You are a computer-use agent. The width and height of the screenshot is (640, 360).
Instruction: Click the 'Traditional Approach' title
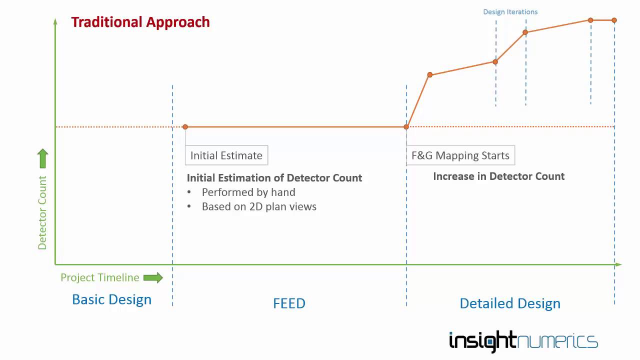pyautogui.click(x=140, y=22)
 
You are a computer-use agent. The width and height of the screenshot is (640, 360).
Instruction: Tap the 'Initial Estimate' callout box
pyautogui.click(x=226, y=155)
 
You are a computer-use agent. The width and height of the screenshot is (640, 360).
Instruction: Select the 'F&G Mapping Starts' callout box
pyautogui.click(x=460, y=155)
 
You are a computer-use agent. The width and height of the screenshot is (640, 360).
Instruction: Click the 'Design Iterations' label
pyautogui.click(x=510, y=11)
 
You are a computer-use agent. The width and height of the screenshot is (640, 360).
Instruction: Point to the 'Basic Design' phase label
pyautogui.click(x=111, y=299)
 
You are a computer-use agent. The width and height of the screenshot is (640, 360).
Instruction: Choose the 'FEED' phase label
pyautogui.click(x=289, y=303)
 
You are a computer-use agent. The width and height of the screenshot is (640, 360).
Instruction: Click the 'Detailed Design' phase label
pyautogui.click(x=510, y=303)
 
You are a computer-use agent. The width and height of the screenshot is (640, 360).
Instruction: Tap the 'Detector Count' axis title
pyautogui.click(x=42, y=212)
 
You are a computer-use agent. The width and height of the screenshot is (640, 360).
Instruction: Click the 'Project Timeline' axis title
pyautogui.click(x=100, y=277)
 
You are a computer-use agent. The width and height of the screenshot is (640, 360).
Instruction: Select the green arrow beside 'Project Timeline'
pyautogui.click(x=153, y=277)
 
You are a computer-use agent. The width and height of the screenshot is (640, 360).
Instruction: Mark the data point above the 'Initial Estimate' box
pyautogui.click(x=185, y=127)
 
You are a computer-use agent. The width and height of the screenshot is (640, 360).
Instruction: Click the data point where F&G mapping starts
pyautogui.click(x=406, y=127)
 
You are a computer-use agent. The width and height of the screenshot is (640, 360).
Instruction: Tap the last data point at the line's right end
pyautogui.click(x=614, y=20)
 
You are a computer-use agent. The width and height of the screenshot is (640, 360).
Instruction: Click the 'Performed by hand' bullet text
pyautogui.click(x=248, y=192)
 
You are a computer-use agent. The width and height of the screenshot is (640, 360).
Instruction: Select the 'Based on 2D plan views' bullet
pyautogui.click(x=259, y=206)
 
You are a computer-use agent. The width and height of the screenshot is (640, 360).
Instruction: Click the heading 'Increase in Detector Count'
pyautogui.click(x=498, y=176)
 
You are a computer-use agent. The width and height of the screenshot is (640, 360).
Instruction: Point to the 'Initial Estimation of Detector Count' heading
pyautogui.click(x=274, y=178)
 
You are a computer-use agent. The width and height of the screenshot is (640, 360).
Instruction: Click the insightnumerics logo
pyautogui.click(x=523, y=341)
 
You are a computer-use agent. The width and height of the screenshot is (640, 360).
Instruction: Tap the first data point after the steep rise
pyautogui.click(x=429, y=75)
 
